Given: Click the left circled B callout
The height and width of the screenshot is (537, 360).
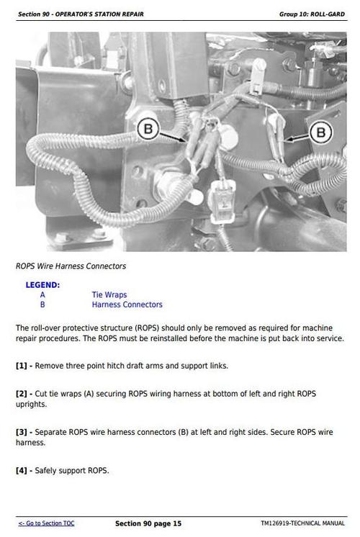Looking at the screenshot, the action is coord(148,129).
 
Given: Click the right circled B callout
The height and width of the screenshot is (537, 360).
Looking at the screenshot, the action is coord(321,132).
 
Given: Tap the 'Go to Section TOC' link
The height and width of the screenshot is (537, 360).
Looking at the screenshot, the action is coord(46,523).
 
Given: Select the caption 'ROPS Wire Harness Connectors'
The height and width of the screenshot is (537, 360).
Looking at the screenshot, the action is coord(71,266).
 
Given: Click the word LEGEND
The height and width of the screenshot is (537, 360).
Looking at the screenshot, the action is coord(42,285).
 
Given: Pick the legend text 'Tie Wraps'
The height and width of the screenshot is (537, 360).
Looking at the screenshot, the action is coord(109,294).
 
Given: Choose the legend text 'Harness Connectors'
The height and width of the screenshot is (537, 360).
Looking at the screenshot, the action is coord(127,304).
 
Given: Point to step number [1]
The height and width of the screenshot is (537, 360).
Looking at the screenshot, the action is coord(21,366).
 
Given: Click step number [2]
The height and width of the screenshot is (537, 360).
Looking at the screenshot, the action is coord(21,394).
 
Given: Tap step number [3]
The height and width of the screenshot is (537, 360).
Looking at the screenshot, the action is coord(21,432).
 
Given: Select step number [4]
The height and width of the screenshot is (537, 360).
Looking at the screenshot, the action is coord(21,470).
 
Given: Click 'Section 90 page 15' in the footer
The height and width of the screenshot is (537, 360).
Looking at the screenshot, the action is coord(148,523).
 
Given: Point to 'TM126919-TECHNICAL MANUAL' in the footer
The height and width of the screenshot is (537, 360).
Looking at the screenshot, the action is coord(303,523).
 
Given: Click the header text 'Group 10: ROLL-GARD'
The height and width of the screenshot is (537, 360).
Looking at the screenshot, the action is coord(312,14).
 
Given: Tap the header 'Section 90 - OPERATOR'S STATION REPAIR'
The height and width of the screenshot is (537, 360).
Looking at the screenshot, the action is coord(81,14).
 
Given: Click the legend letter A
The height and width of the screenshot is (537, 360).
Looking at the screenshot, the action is coord(42,294).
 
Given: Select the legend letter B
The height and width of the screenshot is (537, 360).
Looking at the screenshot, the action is coord(42,304).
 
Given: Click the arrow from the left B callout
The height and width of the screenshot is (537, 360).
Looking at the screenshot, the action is coord(173,137).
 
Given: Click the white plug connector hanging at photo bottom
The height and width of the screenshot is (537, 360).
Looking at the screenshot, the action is coord(222,202).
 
